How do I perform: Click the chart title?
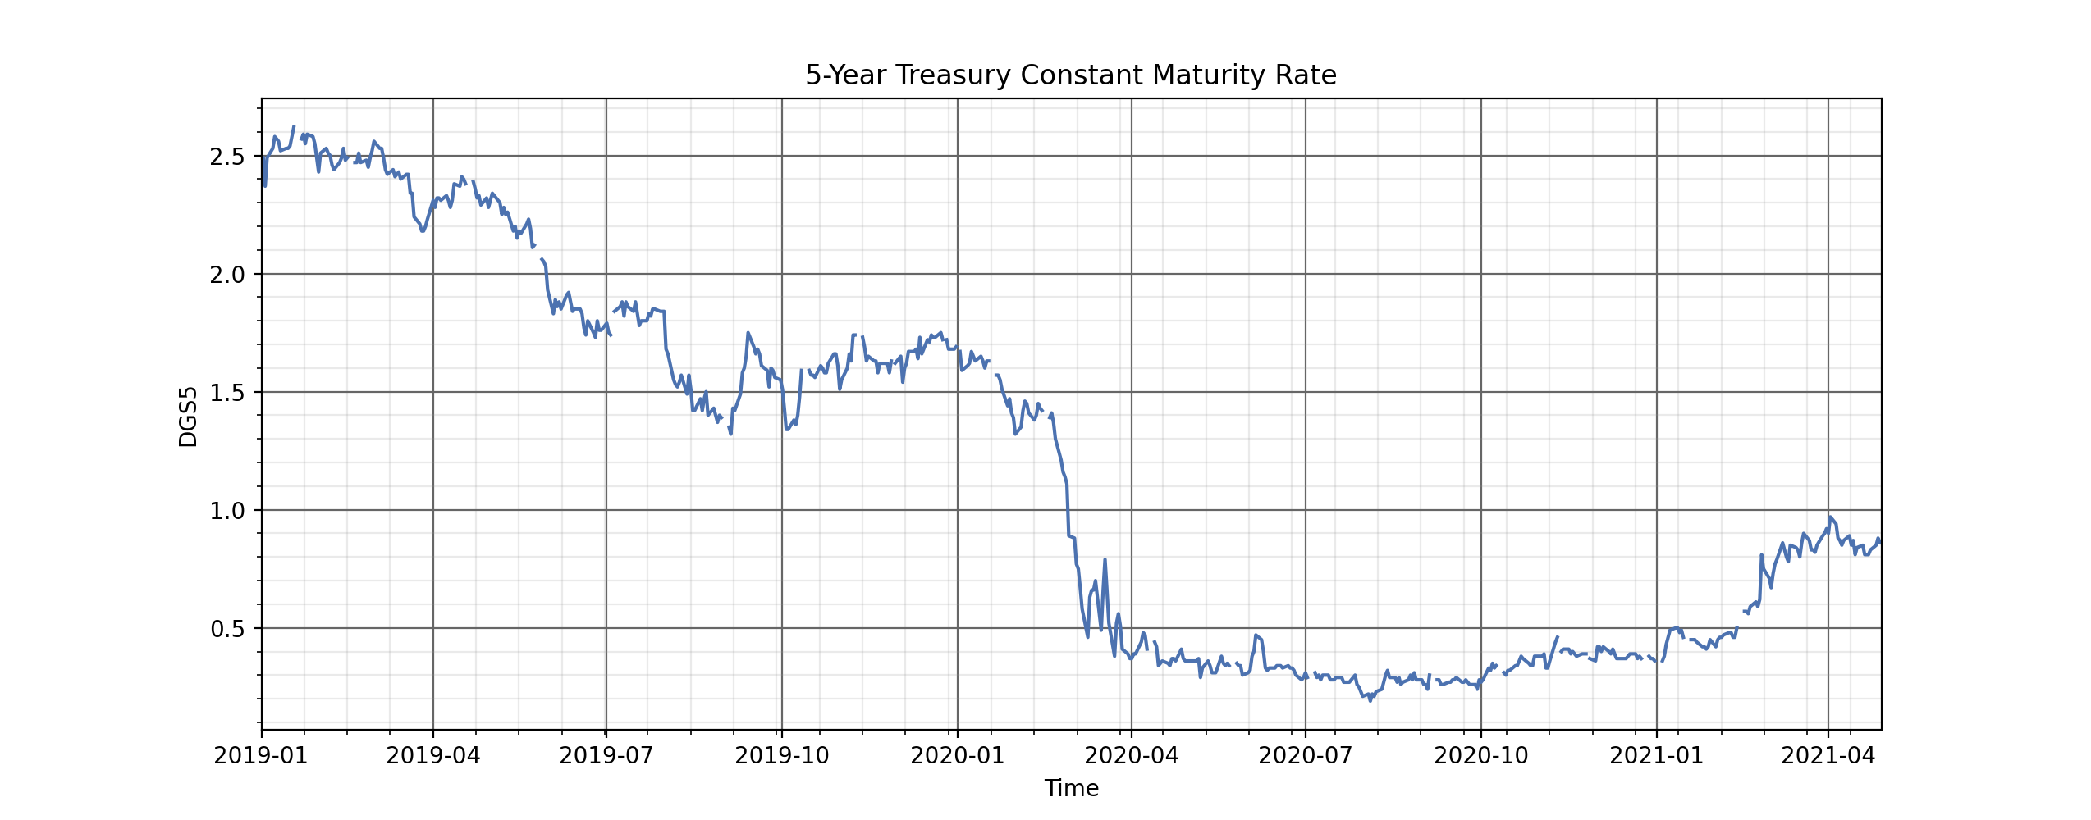point(1071,75)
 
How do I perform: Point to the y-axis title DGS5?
point(188,416)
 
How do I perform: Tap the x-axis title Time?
point(1071,788)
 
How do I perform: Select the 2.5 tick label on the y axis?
point(227,157)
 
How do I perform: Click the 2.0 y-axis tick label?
point(227,275)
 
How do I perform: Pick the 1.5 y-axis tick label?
point(227,393)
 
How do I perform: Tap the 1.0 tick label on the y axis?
point(227,511)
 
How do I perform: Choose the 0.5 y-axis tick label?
point(227,629)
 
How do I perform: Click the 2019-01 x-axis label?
point(261,755)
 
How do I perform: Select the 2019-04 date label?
point(433,755)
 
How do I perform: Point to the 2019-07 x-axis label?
point(606,755)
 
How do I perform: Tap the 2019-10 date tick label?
point(782,755)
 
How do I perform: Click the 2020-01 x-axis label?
point(958,755)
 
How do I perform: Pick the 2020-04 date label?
point(1132,755)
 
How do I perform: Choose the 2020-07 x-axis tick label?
point(1306,755)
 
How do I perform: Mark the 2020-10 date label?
point(1481,755)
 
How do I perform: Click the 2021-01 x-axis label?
point(1657,755)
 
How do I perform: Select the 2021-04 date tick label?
point(1828,755)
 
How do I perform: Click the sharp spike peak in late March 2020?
point(1105,560)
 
